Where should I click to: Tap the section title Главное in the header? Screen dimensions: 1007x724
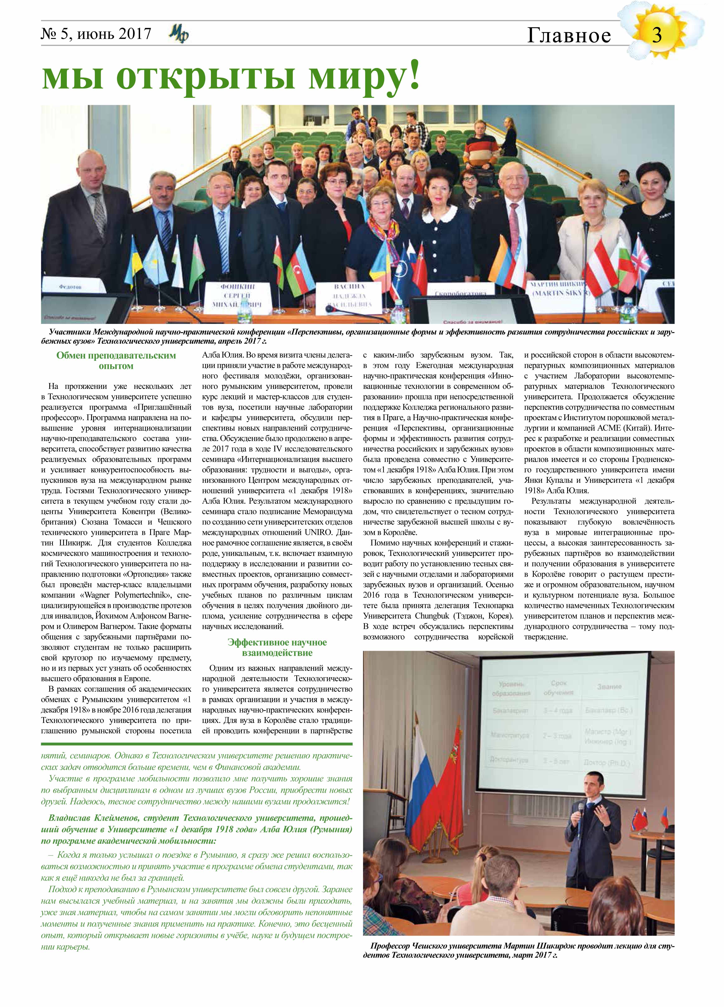pos(569,36)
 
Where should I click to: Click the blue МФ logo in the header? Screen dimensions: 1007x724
pos(179,34)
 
